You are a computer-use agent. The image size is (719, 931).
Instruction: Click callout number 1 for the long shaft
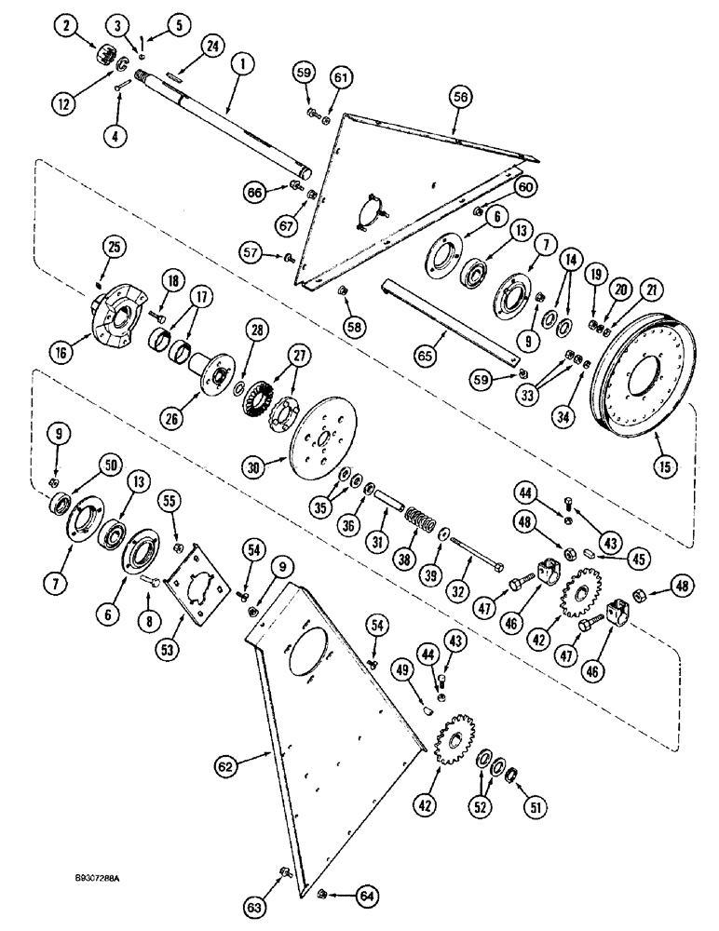coord(242,66)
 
